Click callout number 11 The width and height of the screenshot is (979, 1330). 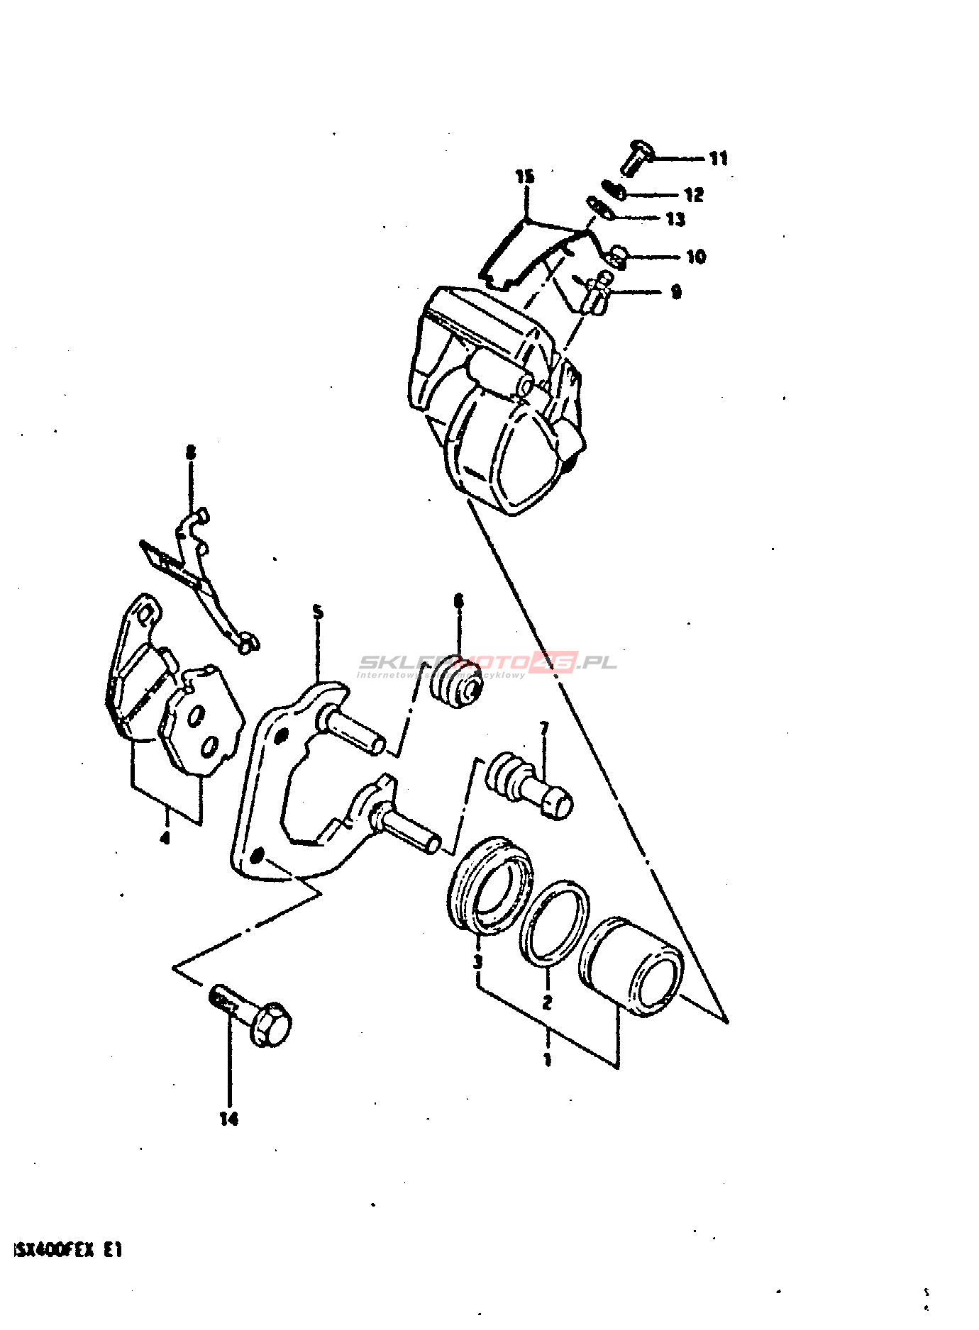point(719,158)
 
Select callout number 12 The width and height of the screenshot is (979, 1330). point(693,194)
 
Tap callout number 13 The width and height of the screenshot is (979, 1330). point(675,218)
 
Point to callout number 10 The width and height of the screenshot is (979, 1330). point(695,256)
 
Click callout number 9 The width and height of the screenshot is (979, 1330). point(675,291)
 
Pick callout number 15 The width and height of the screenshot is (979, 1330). point(524,176)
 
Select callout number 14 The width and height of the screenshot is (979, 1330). point(228,1119)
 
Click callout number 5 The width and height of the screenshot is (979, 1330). point(318,611)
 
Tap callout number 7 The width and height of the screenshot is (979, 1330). point(544,728)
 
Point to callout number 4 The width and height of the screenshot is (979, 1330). point(165,838)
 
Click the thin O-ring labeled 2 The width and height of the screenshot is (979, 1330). point(553,924)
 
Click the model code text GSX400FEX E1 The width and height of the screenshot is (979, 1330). point(68,1250)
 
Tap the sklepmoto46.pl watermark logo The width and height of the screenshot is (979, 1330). point(487,664)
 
